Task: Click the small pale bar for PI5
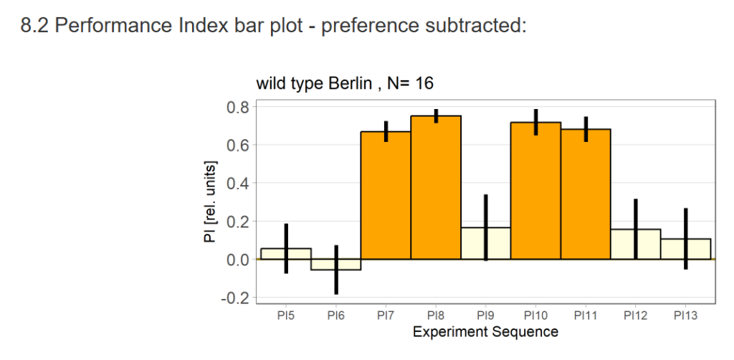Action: click(x=276, y=254)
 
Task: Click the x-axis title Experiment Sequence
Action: click(x=485, y=332)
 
